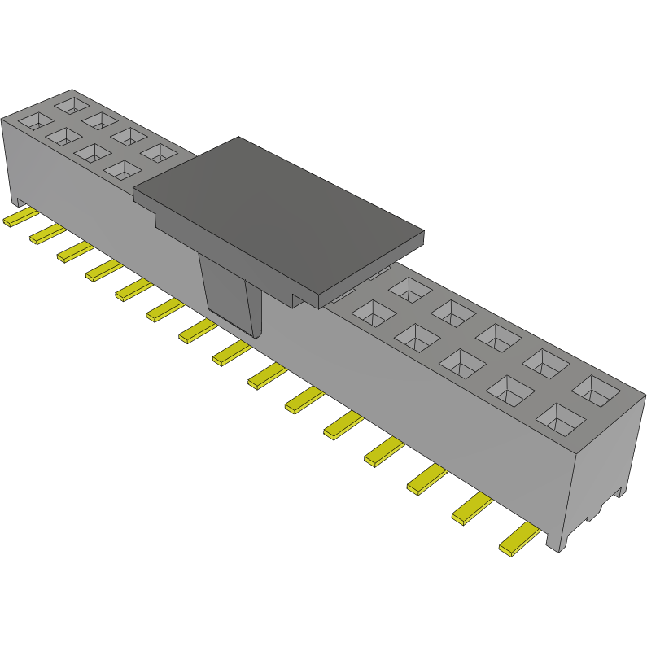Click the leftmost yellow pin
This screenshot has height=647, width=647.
pyautogui.click(x=18, y=218)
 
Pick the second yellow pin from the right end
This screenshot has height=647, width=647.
pyautogui.click(x=471, y=509)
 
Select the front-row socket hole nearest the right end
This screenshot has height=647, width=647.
pyautogui.click(x=560, y=418)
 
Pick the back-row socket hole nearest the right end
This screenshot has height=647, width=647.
pyautogui.click(x=596, y=390)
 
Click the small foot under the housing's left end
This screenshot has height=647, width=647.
pyautogui.click(x=19, y=200)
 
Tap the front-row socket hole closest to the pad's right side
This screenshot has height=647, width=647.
pyautogui.click(x=371, y=313)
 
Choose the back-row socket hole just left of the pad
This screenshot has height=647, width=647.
pyautogui.click(x=158, y=152)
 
